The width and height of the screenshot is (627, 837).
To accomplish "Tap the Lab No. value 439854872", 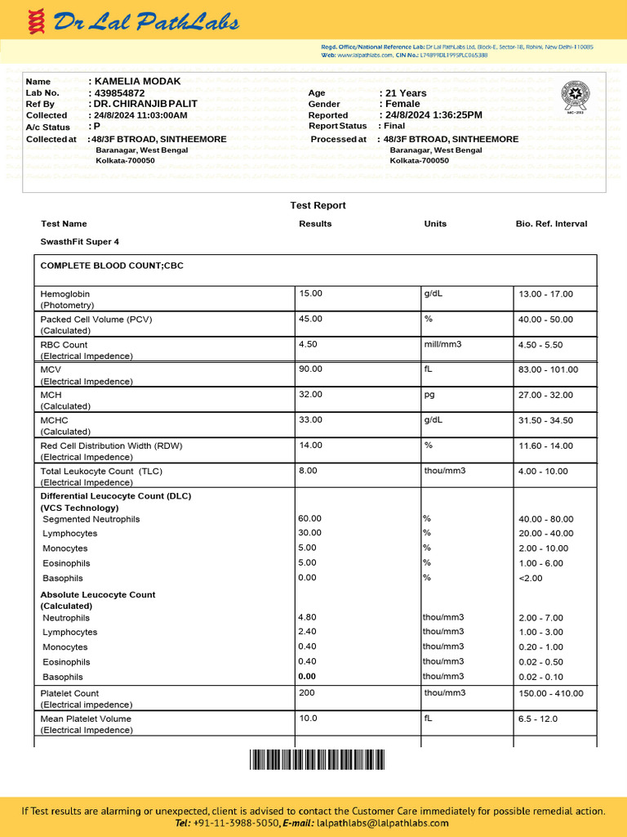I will [119, 93].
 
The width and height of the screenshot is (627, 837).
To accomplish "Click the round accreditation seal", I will [578, 96].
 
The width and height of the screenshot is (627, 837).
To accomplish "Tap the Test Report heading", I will [318, 205].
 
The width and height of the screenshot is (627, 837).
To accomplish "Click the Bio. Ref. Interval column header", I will [551, 224].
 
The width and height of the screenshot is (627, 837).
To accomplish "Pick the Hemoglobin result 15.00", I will [311, 293].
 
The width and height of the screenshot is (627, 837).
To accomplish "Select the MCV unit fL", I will [428, 369].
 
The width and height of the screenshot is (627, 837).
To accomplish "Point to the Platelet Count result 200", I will [307, 693].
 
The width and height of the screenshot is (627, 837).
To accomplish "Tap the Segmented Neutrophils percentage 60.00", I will [310, 519].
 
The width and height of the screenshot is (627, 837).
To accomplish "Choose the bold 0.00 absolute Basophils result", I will [307, 677].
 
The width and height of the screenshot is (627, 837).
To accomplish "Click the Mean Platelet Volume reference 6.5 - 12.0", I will [538, 719].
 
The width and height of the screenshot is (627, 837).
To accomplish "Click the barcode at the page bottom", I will [317, 760].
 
